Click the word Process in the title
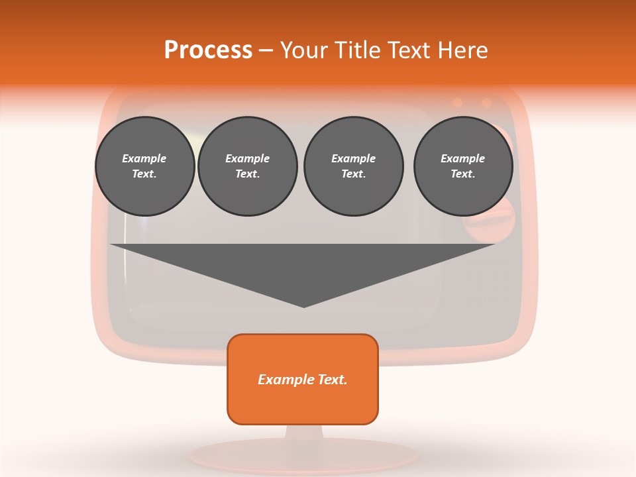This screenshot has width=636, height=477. coord(208,50)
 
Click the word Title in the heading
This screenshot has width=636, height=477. coord(357,50)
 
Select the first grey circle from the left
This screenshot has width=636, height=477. coord(144,166)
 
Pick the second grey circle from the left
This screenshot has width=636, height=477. coord(247,166)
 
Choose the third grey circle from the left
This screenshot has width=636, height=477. coord(353,166)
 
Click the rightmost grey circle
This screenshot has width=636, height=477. coord(462,166)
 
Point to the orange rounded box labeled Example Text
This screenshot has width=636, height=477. coord(302,379)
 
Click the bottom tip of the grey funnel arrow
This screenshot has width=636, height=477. coord(303,305)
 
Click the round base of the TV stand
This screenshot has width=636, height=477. coord(305,456)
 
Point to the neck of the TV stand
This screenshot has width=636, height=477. coord(304,433)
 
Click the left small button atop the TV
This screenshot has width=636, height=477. coord(457,103)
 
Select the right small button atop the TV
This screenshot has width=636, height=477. coord(486,103)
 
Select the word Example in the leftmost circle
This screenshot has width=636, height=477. coord(144,158)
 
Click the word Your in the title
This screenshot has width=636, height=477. coord(304,50)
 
